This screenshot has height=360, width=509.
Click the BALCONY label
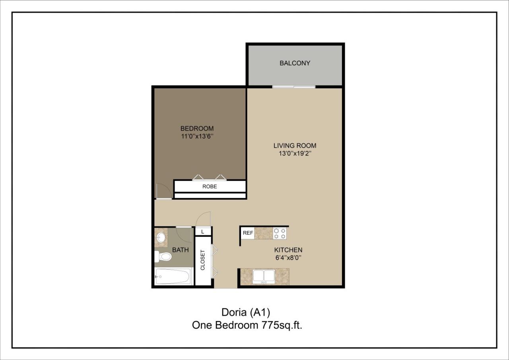[x=295, y=63]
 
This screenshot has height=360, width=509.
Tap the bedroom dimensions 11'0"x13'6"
[x=197, y=136]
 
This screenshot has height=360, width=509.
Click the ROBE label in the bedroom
[x=210, y=186]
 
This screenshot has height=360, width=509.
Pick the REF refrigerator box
[x=248, y=233]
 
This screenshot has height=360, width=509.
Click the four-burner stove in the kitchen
[x=280, y=233]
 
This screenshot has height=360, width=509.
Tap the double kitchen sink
[x=264, y=276]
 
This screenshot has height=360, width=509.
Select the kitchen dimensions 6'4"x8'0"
[x=288, y=258]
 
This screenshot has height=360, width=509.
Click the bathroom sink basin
[x=161, y=238]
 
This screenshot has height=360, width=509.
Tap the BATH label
[x=180, y=250]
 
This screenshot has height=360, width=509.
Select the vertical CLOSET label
[x=203, y=260]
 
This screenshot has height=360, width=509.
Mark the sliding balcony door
[x=294, y=87]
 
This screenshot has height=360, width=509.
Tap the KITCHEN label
[x=288, y=250]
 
